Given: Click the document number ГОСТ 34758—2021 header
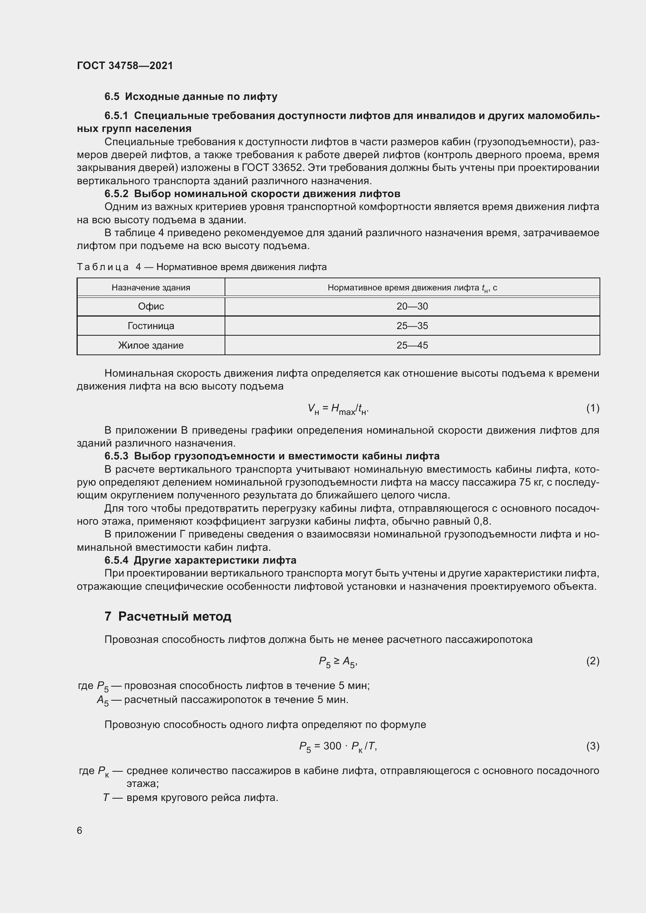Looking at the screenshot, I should point(125,66).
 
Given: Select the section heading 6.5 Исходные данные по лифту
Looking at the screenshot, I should point(191,97).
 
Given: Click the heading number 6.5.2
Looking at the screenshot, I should point(116,194).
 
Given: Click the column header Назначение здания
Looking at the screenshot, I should point(151,288).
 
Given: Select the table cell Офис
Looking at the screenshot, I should point(151,306).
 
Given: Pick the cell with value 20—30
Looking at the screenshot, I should point(412,306).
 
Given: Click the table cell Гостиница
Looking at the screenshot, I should point(151,326).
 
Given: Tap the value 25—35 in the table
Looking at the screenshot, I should point(412,326).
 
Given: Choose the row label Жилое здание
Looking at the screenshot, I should point(151,345).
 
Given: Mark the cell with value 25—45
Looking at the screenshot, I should point(412,345).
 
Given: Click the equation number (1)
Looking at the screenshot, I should point(592,408).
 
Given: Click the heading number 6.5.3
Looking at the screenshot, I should point(116,456).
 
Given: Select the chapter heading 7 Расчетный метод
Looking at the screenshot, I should point(168,617).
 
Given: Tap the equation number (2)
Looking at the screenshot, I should point(592,661).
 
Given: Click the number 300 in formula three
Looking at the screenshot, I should point(332,746).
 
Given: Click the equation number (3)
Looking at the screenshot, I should point(592,746).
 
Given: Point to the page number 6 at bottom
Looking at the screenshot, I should point(80,831).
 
